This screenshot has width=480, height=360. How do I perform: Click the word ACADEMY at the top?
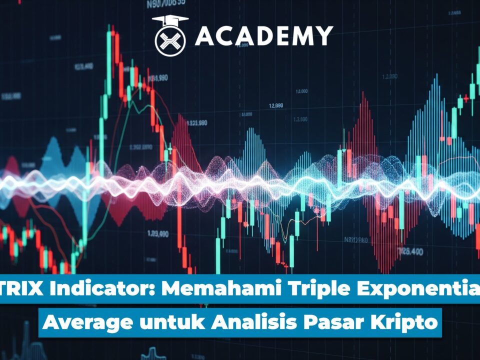[263, 35]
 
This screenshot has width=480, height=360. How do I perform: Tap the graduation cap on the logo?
[170, 20]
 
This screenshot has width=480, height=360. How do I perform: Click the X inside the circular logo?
[170, 39]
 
